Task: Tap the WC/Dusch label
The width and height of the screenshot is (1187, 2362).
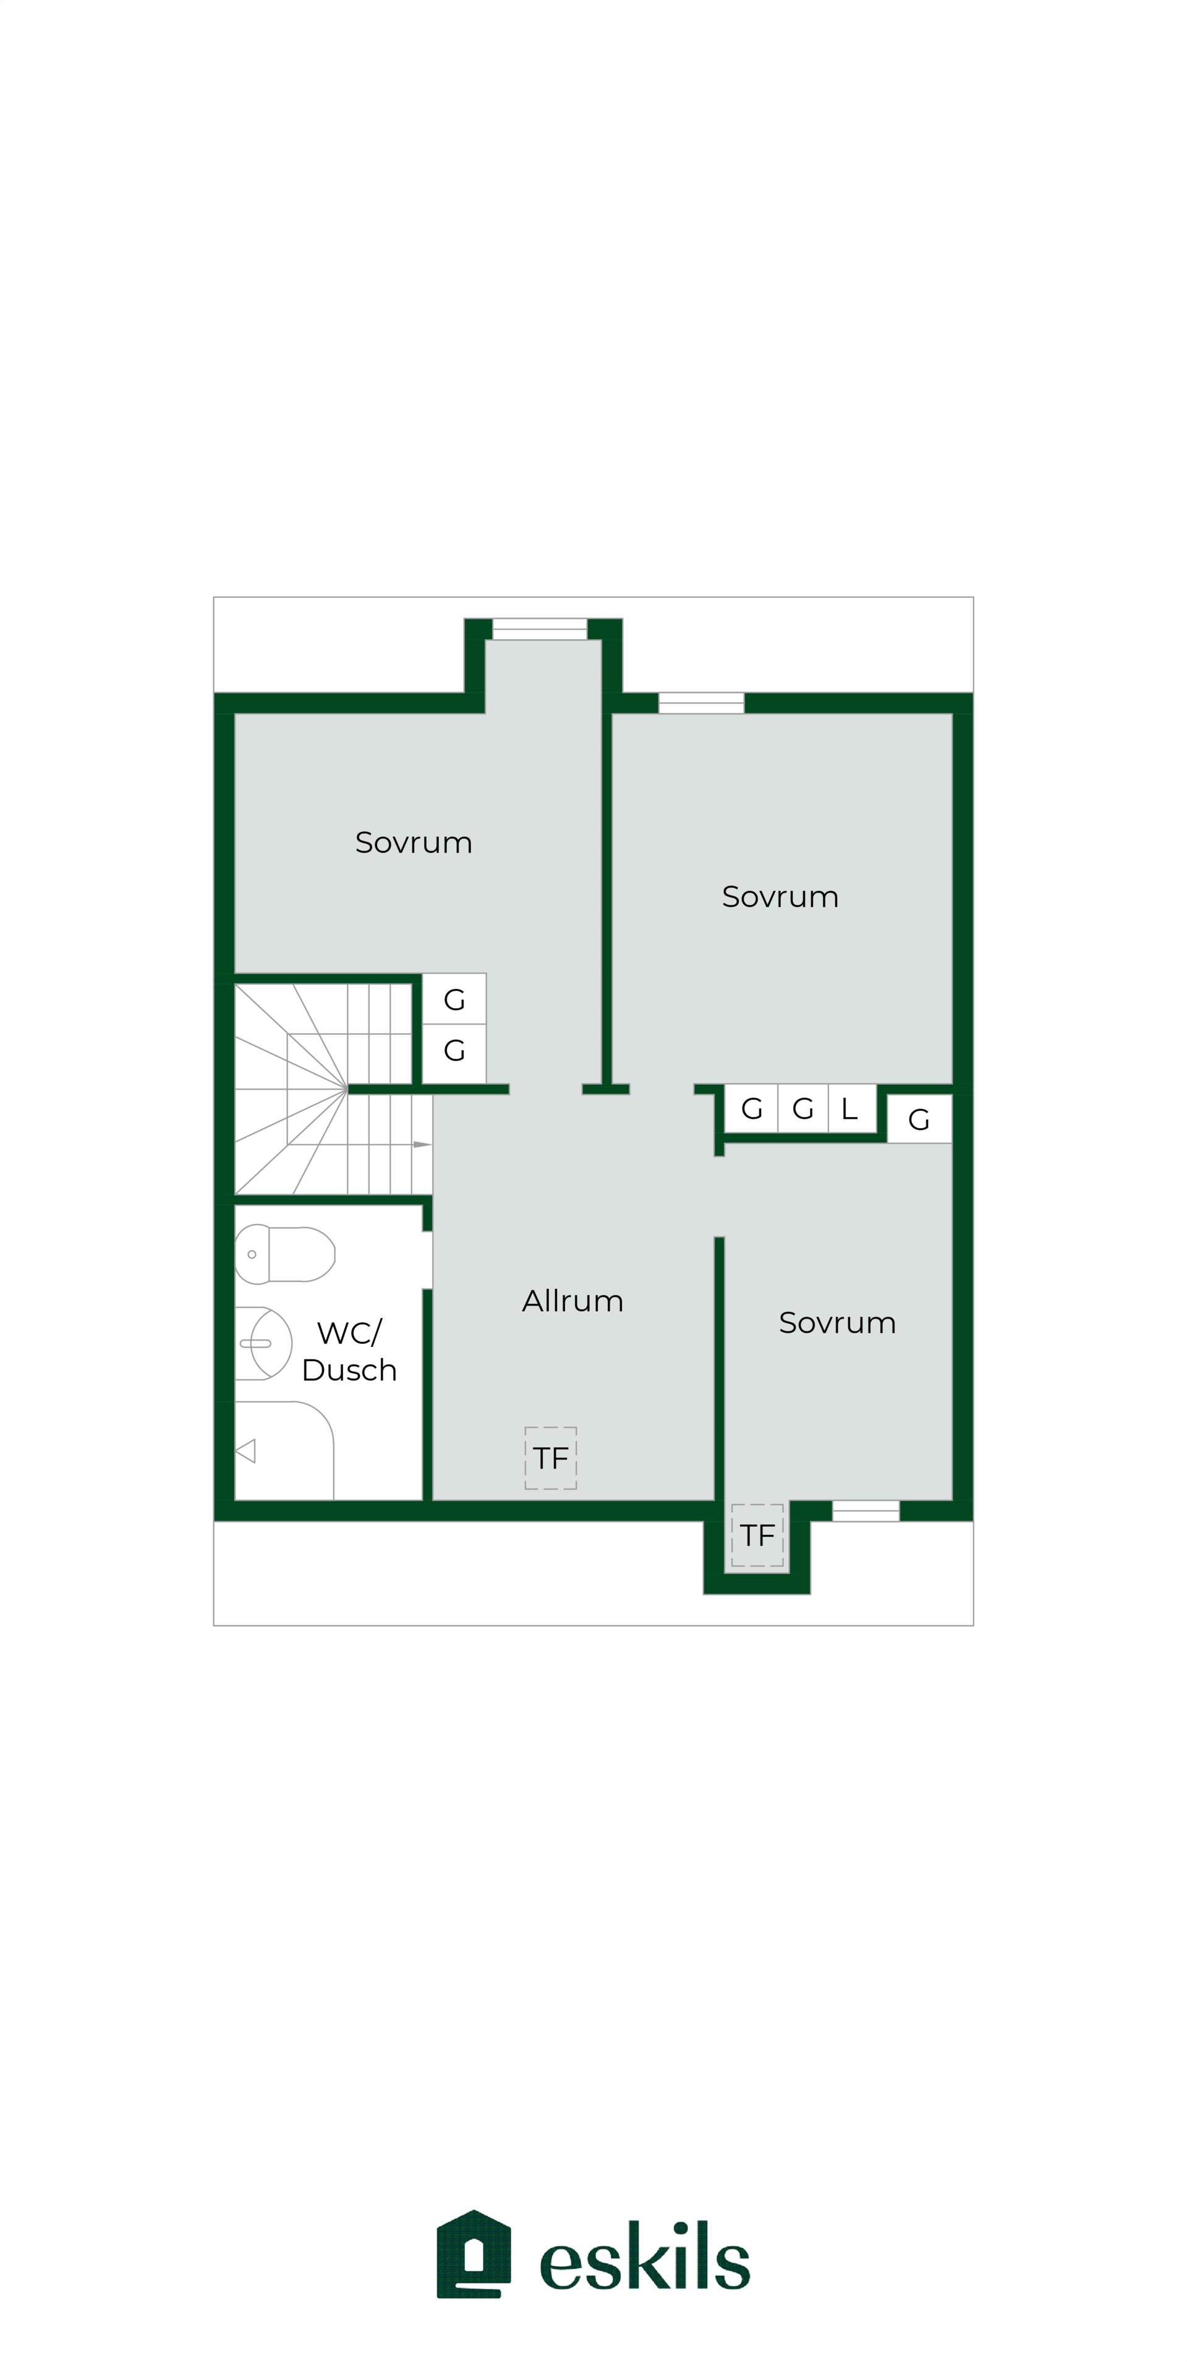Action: click(x=349, y=1351)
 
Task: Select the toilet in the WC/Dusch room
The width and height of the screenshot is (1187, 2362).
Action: click(x=284, y=1254)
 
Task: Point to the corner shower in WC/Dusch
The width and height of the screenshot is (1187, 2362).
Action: click(x=283, y=1450)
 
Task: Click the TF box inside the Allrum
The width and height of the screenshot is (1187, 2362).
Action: click(x=550, y=1458)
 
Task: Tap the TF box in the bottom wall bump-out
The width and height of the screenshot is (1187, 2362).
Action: click(x=758, y=1535)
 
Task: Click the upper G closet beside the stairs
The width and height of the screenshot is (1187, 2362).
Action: click(x=454, y=998)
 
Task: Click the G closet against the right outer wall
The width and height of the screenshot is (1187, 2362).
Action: click(x=919, y=1119)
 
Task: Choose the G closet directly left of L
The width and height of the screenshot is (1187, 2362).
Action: click(x=802, y=1108)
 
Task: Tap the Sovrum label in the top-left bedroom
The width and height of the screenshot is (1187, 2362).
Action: click(x=414, y=842)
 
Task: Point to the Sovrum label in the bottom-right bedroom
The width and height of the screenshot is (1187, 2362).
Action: click(x=838, y=1322)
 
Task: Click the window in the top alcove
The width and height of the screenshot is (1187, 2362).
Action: click(x=539, y=629)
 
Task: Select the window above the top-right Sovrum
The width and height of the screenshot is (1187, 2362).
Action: click(x=701, y=703)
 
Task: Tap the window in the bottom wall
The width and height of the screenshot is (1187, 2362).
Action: click(x=866, y=1510)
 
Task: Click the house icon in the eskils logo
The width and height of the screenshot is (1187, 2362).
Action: click(x=474, y=2253)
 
